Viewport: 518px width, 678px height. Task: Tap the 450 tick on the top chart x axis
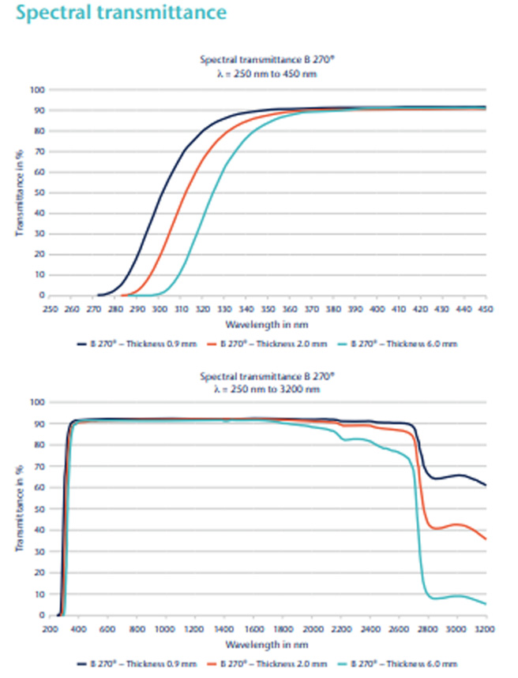click(485, 309)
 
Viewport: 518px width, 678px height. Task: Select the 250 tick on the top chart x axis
click(51, 309)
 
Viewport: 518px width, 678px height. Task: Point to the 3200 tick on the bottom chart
click(483, 629)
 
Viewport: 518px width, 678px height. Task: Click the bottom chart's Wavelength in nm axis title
click(268, 643)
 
